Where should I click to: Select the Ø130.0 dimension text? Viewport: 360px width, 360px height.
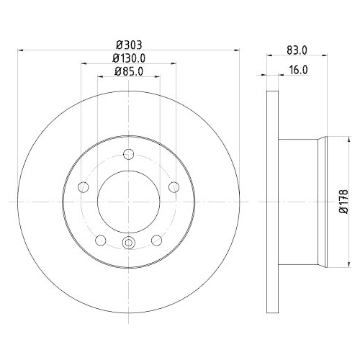click(x=128, y=58)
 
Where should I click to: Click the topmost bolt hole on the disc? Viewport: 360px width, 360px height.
click(x=128, y=153)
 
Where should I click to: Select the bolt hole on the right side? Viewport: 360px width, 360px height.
click(x=174, y=187)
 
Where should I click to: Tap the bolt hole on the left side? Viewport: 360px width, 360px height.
click(x=83, y=187)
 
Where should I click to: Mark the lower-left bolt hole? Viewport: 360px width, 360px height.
click(x=100, y=239)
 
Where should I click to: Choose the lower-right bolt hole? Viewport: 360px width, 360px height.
click(x=156, y=239)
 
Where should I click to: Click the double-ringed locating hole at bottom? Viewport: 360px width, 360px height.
click(x=128, y=242)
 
